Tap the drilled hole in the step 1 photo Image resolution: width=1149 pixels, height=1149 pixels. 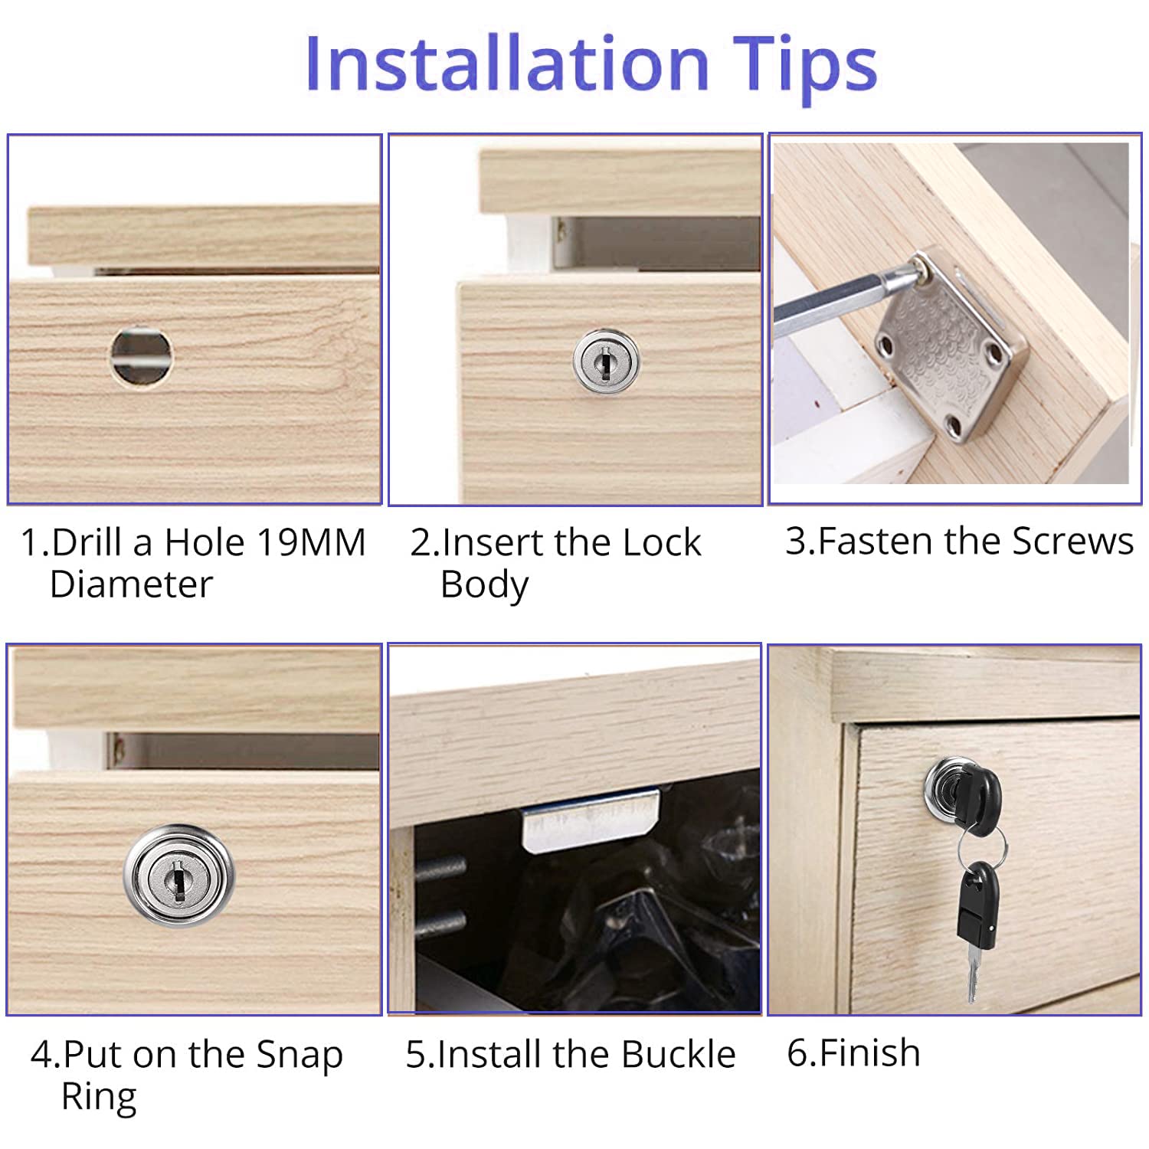point(141,356)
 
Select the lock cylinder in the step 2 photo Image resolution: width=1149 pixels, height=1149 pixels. point(606,360)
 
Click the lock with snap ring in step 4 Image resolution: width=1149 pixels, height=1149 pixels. point(178,875)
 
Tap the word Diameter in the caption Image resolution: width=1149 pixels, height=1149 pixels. point(130,584)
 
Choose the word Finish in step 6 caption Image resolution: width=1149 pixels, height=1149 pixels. point(869,1052)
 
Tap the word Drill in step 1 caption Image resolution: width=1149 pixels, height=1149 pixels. point(88,542)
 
